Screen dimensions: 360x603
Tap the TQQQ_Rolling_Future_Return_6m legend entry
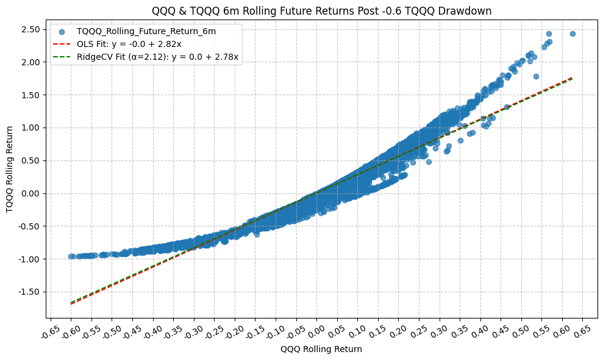tap(146, 31)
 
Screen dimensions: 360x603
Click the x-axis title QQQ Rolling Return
tap(321, 350)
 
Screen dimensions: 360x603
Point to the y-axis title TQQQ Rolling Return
tap(10, 170)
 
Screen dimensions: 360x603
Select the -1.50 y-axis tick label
tap(29, 292)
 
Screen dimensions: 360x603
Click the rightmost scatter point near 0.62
tap(573, 34)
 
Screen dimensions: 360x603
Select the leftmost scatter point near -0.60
tap(71, 257)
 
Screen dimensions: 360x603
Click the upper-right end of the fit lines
tap(572, 78)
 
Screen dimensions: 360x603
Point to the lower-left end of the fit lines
tap(71, 303)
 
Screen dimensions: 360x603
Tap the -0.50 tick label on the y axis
tap(29, 226)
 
